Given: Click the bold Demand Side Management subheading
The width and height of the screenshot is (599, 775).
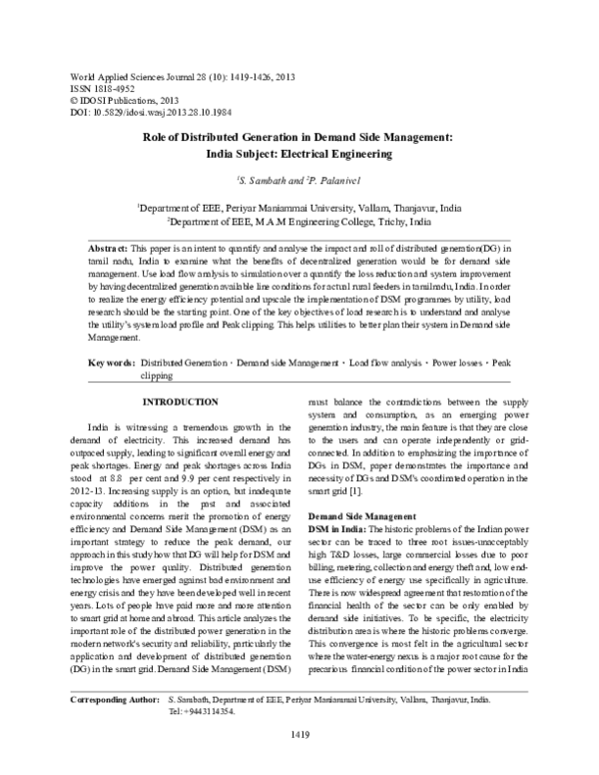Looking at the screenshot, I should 363,487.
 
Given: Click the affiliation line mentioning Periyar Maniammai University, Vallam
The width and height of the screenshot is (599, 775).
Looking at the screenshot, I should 299,207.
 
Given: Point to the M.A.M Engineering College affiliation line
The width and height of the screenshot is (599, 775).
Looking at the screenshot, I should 299,220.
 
